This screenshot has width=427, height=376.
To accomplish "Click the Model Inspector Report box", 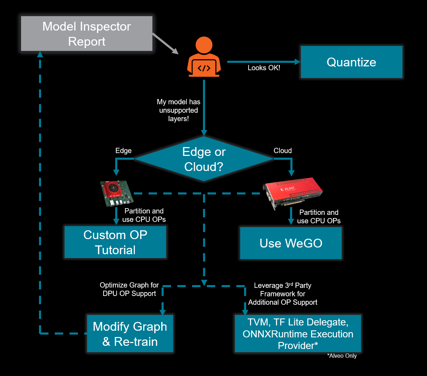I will (87, 34).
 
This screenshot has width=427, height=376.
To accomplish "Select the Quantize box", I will (351, 62).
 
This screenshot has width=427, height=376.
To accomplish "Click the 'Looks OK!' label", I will (264, 68).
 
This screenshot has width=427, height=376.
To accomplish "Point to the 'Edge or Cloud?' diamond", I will (204, 159).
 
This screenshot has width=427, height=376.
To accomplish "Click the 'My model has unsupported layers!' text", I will (178, 110).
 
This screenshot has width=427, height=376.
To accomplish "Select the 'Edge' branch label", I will (123, 151).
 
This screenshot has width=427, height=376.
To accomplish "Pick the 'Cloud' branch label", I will (282, 151).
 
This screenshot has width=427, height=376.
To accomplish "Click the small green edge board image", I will (116, 193).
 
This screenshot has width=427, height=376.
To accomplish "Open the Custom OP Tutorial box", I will (115, 242).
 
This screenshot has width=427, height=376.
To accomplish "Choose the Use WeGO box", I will (291, 243).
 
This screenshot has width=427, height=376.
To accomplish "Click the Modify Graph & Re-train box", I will (130, 334).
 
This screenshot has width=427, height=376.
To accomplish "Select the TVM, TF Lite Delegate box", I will (298, 334).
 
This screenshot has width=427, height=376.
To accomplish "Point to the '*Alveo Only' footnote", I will (342, 356).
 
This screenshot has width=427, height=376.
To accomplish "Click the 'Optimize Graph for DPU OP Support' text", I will (129, 289).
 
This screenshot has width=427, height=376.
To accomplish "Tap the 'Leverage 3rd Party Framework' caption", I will (283, 294).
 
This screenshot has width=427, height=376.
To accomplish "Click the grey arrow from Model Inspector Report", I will (165, 44).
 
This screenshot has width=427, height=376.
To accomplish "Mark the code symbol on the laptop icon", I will (204, 68).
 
